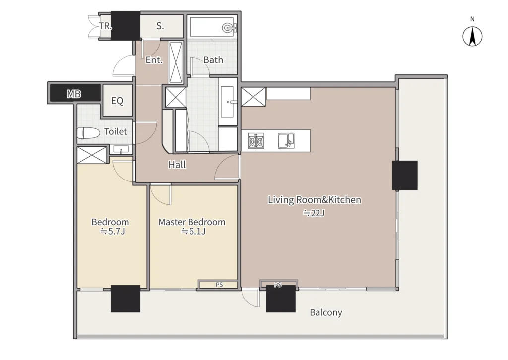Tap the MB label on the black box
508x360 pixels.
(x=74, y=94)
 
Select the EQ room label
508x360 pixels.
(x=117, y=101)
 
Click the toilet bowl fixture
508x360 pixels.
(x=88, y=133)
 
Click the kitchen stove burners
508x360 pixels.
(x=256, y=141)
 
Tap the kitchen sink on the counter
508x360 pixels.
(x=286, y=141)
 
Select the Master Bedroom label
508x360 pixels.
(x=192, y=222)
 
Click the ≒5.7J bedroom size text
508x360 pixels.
(x=113, y=231)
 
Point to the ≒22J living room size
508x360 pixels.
(x=314, y=213)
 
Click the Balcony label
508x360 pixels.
(x=325, y=312)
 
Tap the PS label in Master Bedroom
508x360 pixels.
(x=219, y=285)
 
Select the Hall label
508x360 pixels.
(x=177, y=165)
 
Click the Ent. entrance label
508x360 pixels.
(x=154, y=60)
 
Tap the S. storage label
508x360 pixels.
(x=160, y=26)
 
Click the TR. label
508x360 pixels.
(x=105, y=26)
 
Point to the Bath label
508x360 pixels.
(x=213, y=60)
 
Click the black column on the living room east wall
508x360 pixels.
(x=405, y=176)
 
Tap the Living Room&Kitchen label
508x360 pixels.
(x=314, y=200)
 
